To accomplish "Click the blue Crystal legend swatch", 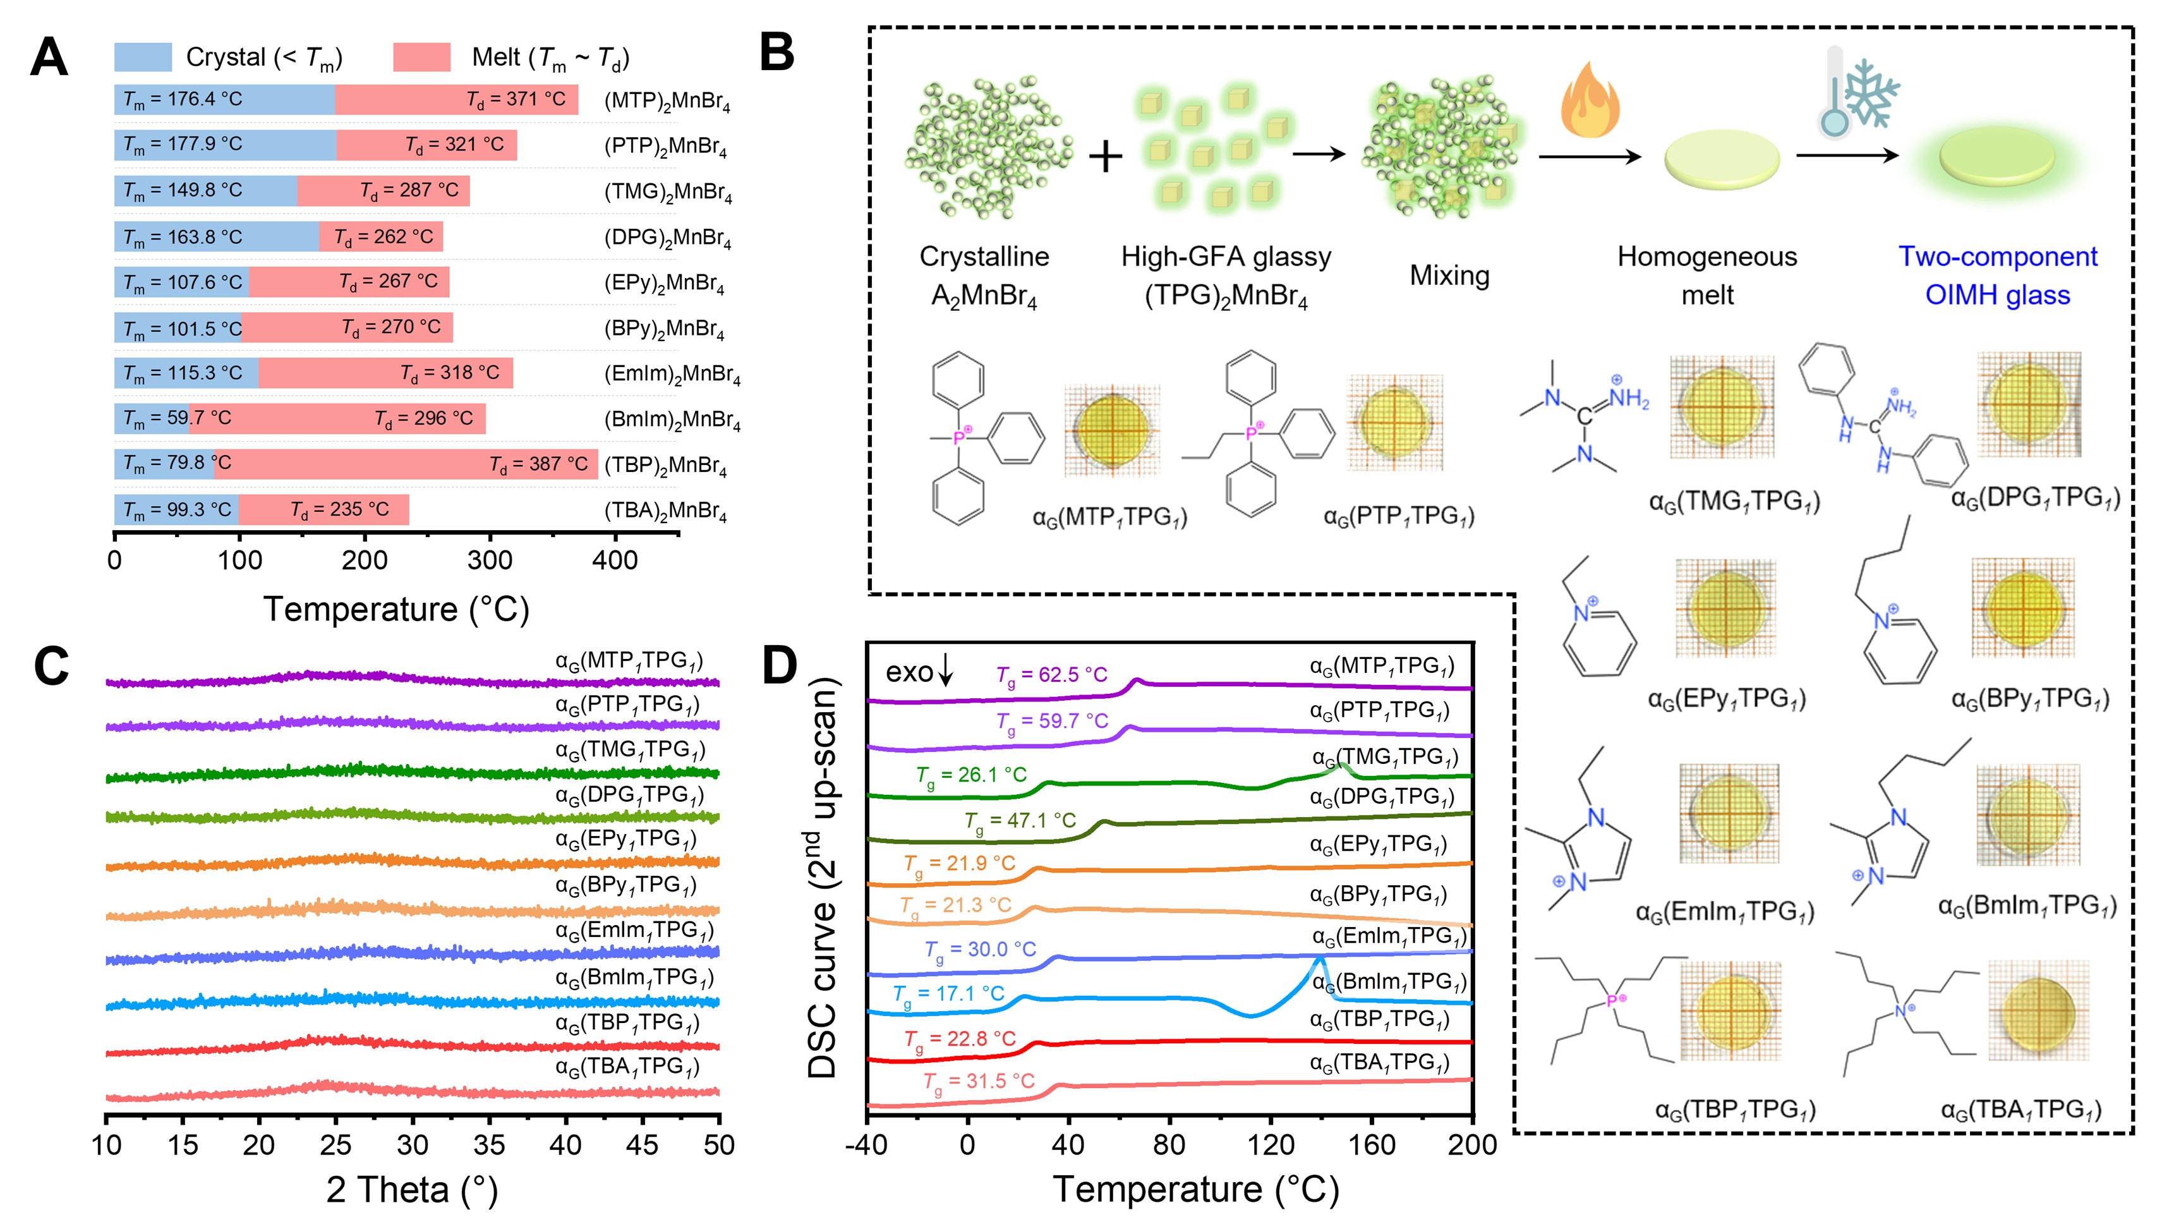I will click(x=143, y=57).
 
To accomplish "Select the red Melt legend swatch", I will click(x=421, y=57).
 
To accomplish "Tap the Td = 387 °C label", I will click(x=538, y=464).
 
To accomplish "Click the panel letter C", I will click(x=51, y=667).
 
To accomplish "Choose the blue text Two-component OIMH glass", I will click(x=1998, y=275).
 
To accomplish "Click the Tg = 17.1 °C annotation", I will click(x=948, y=994).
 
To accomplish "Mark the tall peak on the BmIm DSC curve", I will click(x=1320, y=959).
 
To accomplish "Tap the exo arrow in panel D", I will click(x=946, y=670).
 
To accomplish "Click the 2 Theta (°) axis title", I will click(x=412, y=1189).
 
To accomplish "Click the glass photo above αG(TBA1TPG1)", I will click(x=2037, y=1012).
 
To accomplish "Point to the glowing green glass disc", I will click(x=1998, y=159).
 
